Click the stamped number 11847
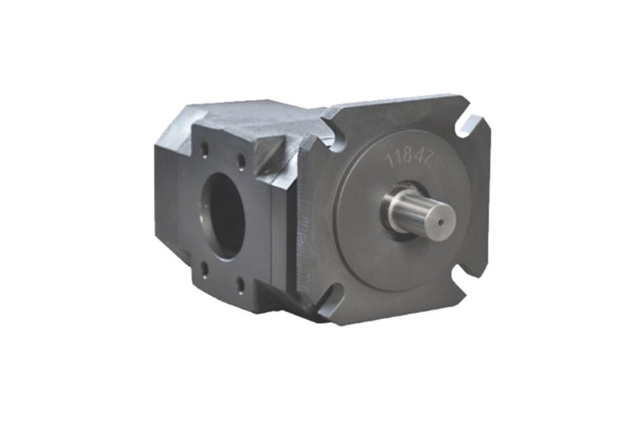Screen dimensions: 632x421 pyautogui.click(x=410, y=157)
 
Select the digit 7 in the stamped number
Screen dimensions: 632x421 pyautogui.click(x=428, y=155)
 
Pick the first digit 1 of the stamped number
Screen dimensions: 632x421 pyautogui.click(x=390, y=160)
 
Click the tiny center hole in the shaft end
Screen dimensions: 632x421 pyautogui.click(x=441, y=222)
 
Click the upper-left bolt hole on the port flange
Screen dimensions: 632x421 pyautogui.click(x=205, y=150)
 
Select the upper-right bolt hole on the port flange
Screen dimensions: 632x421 pyautogui.click(x=241, y=161)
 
